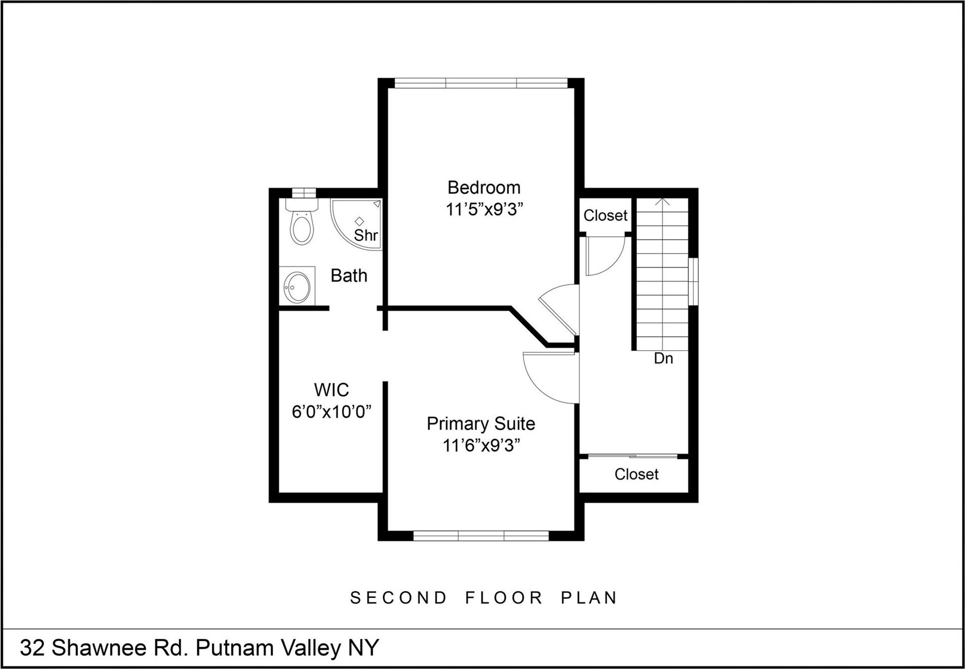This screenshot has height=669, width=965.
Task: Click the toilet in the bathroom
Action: (302, 224)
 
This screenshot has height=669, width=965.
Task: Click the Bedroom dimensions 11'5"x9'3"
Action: (484, 210)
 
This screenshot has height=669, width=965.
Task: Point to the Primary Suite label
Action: (481, 423)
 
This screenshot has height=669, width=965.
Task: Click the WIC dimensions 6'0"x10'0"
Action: (331, 411)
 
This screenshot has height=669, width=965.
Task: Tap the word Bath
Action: (349, 275)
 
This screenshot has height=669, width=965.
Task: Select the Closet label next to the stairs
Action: (605, 216)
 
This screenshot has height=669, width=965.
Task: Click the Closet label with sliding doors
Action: (636, 474)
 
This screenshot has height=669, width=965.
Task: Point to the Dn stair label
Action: (663, 358)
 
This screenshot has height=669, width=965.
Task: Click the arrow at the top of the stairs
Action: (663, 202)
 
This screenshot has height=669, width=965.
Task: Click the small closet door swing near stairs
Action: (603, 257)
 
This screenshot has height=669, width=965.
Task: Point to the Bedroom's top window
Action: (481, 83)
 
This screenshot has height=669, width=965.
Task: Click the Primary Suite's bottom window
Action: (481, 536)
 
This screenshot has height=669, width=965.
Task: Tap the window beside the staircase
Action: (693, 281)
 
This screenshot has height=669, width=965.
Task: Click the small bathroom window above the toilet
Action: (303, 193)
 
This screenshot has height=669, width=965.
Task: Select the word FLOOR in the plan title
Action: (504, 598)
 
